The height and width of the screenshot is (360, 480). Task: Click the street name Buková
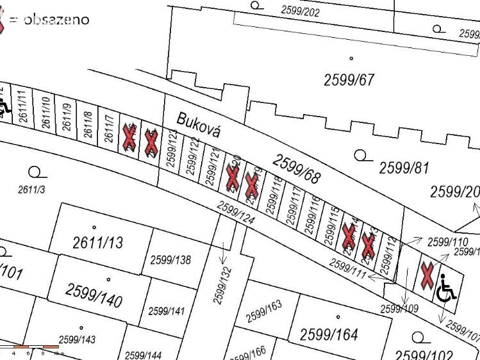pyautogui.click(x=199, y=125)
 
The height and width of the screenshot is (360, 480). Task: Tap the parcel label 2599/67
pyautogui.click(x=349, y=80)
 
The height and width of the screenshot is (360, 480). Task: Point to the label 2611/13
pyautogui.click(x=97, y=242)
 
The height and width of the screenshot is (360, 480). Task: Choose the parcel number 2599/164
pyautogui.click(x=329, y=334)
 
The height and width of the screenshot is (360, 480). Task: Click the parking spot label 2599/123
pyautogui.click(x=172, y=148)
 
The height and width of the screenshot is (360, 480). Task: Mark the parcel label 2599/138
pyautogui.click(x=170, y=260)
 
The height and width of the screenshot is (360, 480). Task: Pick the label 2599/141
pyautogui.click(x=166, y=311)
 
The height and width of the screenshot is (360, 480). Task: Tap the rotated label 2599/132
pyautogui.click(x=221, y=285)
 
